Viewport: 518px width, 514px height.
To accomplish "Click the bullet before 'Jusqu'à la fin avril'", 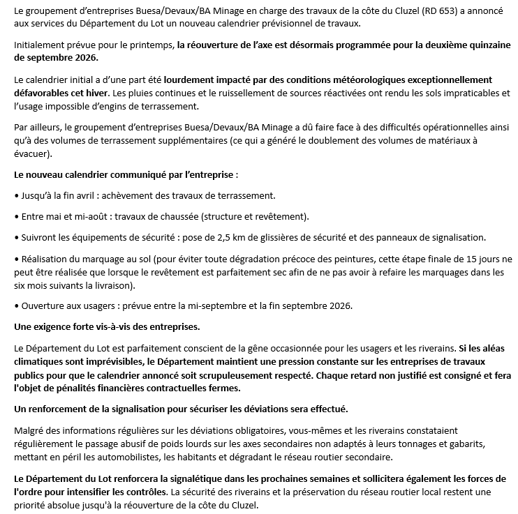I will pos(16,195).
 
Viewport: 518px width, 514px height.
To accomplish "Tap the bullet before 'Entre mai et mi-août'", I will pos(16,217).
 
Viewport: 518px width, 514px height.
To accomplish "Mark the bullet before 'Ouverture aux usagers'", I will pos(16,305).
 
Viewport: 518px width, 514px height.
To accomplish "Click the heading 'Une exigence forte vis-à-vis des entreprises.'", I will pos(107,326).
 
